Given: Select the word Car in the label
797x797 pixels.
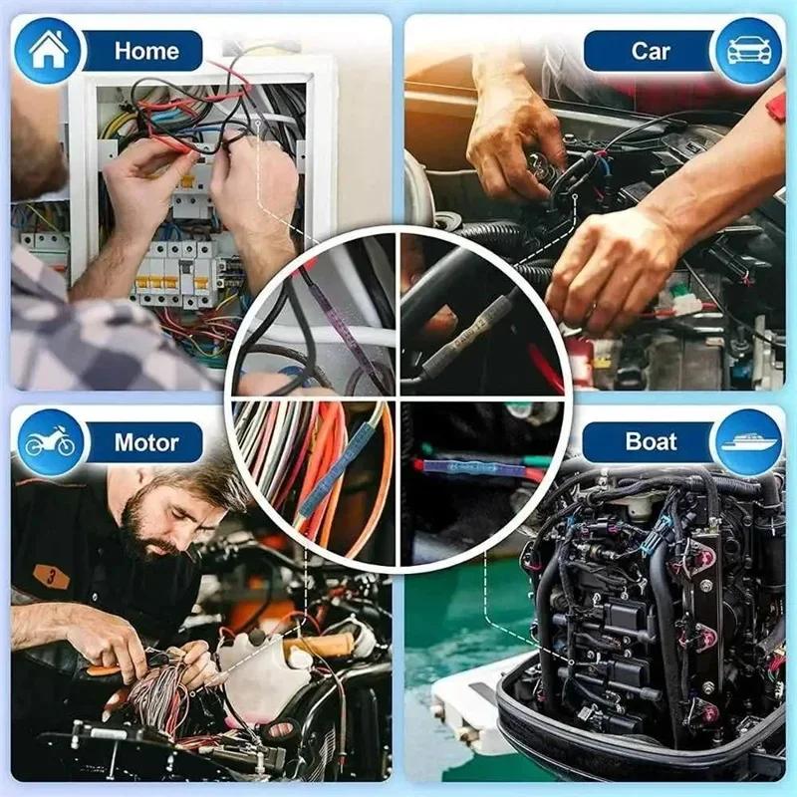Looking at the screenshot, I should click(650, 51).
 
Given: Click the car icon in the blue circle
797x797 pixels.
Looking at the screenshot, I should click(748, 51).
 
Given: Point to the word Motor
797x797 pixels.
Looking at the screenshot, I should click(146, 442).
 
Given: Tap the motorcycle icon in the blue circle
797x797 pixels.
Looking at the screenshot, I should click(49, 442).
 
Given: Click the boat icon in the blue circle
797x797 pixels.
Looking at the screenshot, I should click(749, 442).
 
